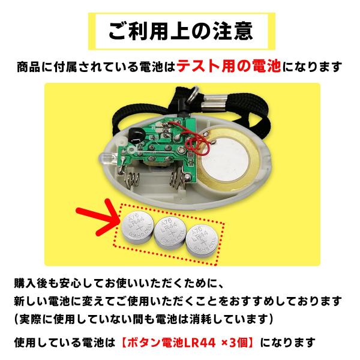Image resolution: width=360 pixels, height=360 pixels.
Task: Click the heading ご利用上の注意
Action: [181, 31]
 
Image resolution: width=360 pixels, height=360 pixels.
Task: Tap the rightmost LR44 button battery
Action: [201, 238]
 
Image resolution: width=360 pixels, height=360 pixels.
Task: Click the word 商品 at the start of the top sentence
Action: [25, 66]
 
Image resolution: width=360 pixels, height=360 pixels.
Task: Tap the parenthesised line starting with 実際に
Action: [144, 317]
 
